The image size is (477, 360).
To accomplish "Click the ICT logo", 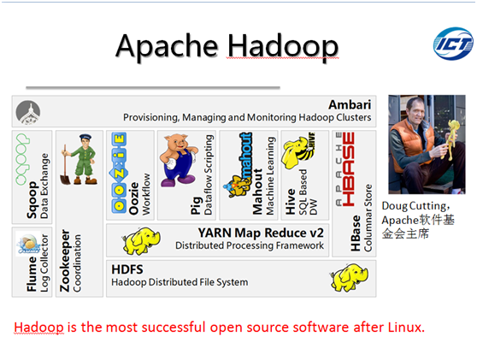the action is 453,44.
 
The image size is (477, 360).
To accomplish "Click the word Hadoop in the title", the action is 283,47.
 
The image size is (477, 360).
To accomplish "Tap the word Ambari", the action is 350,104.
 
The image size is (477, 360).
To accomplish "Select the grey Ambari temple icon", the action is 28,112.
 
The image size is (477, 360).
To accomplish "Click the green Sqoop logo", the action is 22,159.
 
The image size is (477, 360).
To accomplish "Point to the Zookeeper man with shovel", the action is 79,159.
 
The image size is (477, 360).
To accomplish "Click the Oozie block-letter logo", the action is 119,172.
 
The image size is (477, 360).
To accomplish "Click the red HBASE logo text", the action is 348,169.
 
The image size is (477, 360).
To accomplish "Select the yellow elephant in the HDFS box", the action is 349,278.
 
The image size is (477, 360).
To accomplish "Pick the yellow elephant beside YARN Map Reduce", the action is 141,240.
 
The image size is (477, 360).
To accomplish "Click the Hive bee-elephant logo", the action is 298,150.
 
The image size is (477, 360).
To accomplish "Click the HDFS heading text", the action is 127,269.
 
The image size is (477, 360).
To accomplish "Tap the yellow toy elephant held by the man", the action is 450,139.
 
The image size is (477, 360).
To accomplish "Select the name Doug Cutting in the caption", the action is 415,206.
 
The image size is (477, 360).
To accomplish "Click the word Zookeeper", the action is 65,261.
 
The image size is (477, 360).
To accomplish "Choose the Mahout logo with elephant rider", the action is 238,165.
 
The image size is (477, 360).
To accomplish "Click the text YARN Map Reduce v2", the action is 261,233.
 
